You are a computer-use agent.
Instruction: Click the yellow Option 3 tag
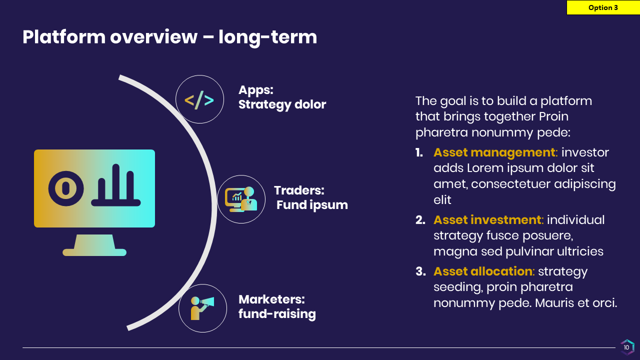(603, 7)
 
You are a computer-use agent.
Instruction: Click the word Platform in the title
(64, 37)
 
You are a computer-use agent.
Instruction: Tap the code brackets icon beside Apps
(199, 100)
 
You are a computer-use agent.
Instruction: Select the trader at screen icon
(241, 199)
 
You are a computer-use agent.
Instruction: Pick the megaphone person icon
(202, 308)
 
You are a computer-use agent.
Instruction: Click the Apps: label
(256, 90)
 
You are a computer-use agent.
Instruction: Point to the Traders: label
(299, 190)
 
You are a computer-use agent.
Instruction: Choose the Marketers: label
(271, 299)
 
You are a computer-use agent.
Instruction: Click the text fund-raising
(277, 314)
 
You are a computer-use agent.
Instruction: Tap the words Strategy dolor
(282, 104)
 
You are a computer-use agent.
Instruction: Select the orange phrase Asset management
(494, 152)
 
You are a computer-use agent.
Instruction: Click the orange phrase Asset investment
(487, 220)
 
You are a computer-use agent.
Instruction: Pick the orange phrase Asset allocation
(483, 271)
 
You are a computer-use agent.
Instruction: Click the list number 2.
(420, 220)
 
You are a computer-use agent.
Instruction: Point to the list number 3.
(420, 271)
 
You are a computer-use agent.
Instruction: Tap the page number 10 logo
(627, 347)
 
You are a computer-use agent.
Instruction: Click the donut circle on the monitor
(66, 188)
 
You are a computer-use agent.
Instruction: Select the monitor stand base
(94, 252)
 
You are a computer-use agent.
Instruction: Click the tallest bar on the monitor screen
(115, 181)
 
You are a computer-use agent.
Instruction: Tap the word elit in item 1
(442, 200)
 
